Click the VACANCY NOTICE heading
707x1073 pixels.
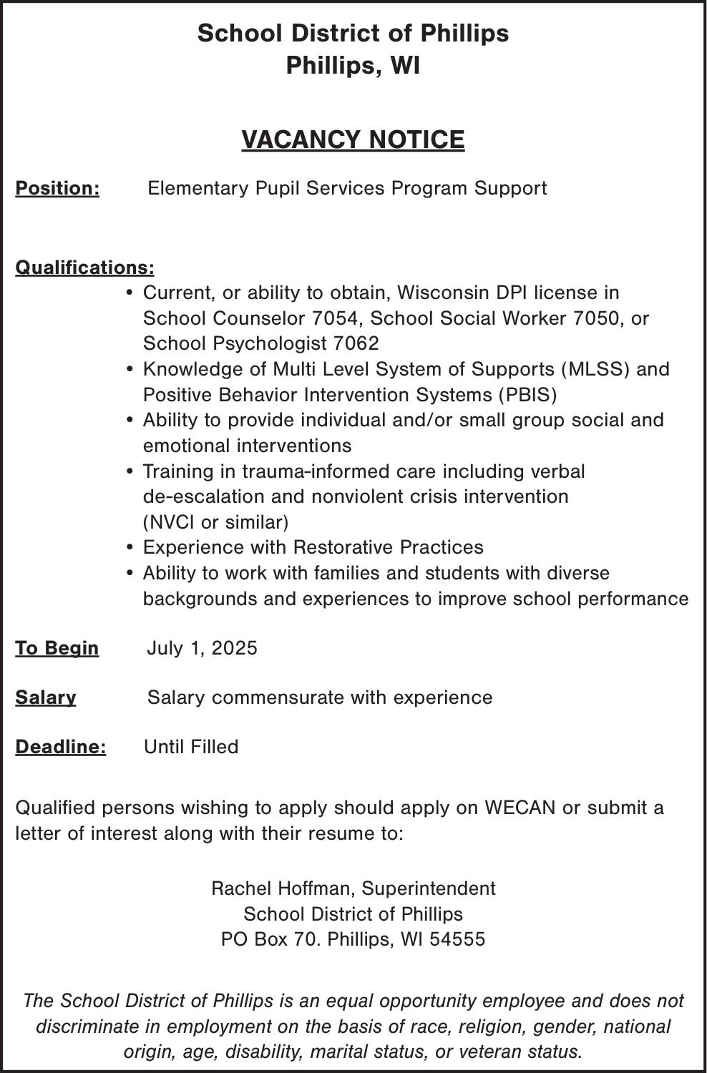(x=353, y=139)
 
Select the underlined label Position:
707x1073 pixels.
(x=57, y=188)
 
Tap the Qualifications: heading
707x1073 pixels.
(x=84, y=268)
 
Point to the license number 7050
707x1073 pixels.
(x=598, y=318)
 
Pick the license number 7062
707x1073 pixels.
(x=356, y=343)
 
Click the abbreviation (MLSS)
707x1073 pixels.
(x=595, y=369)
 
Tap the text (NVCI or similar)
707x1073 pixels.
(x=215, y=522)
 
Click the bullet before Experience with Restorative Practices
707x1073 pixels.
(x=130, y=548)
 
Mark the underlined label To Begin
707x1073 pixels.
(x=57, y=648)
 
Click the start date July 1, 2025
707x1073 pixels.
(x=202, y=648)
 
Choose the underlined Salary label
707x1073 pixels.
(x=46, y=697)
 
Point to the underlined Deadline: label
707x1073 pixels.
(x=61, y=747)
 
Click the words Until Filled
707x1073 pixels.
(x=191, y=747)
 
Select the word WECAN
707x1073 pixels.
(x=520, y=808)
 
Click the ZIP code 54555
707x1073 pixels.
(x=457, y=939)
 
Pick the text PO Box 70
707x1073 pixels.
(x=271, y=939)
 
